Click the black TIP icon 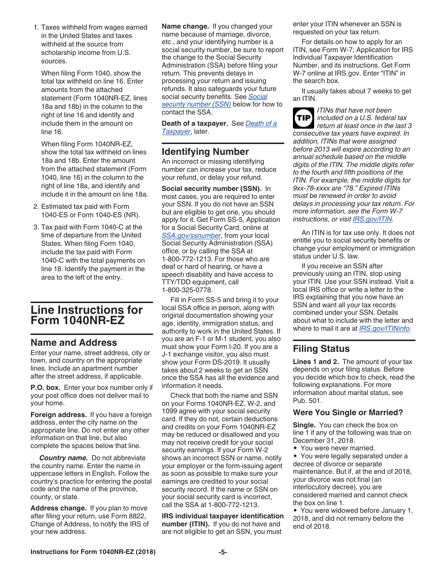coord(303,118)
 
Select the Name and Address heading coord(74,342)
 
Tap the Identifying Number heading coord(205,152)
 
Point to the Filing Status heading coord(321,349)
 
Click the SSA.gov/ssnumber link coord(191,235)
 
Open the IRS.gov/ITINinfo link coord(384,328)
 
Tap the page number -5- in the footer coord(223,552)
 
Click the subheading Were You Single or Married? coord(348,413)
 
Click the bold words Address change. coord(58,508)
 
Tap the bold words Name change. coord(185,27)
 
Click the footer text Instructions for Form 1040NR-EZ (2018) coord(93,552)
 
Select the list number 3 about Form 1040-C coord(36,227)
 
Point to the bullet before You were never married coord(295,448)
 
